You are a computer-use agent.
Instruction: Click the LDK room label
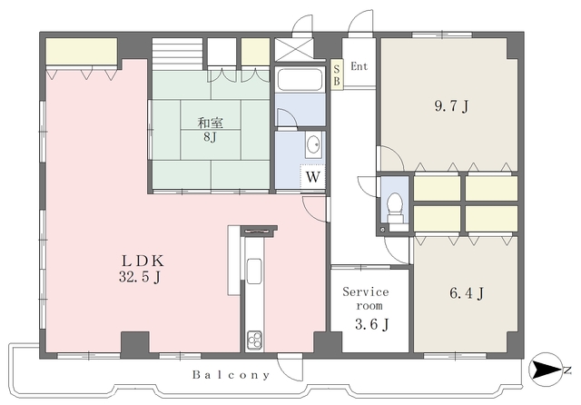click(143, 262)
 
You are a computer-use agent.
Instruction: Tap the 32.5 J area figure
click(140, 277)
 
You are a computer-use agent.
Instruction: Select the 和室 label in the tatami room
click(210, 123)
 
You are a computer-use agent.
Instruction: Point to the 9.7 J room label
click(451, 106)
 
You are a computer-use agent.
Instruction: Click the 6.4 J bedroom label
click(467, 293)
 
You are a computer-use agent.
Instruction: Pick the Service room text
click(366, 299)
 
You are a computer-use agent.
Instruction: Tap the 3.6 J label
click(372, 324)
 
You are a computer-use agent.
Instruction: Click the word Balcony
click(231, 375)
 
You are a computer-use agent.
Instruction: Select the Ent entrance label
click(359, 66)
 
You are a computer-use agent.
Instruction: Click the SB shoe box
click(337, 75)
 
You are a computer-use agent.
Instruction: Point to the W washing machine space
click(312, 177)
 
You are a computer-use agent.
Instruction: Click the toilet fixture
click(395, 208)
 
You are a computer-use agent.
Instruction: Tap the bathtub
click(300, 79)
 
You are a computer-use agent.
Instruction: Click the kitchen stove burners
click(254, 340)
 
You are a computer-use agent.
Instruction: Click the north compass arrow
click(547, 370)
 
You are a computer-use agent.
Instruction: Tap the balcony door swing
click(290, 369)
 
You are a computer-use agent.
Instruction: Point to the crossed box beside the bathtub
click(294, 50)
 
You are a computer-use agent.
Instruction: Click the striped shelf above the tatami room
click(177, 54)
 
